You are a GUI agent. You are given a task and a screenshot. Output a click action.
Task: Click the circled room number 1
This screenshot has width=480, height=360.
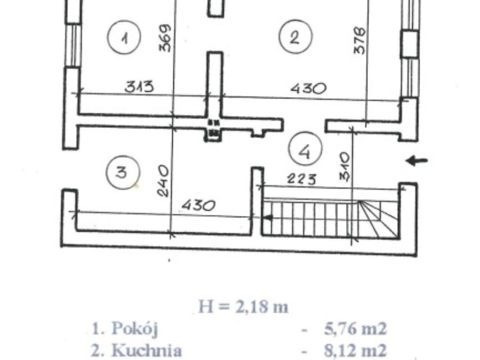(x=124, y=37)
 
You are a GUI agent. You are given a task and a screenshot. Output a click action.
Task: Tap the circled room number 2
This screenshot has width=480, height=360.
(x=295, y=37)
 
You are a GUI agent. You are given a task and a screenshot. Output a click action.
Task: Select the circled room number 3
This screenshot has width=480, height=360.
(x=122, y=172)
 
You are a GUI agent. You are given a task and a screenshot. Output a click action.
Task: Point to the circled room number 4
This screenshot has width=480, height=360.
(x=305, y=149)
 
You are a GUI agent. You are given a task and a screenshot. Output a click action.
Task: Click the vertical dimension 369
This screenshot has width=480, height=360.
(x=164, y=38)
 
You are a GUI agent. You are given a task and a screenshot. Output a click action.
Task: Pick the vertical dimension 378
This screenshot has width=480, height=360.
(x=359, y=41)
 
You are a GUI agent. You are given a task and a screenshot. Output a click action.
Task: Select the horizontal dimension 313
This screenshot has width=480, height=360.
(x=139, y=86)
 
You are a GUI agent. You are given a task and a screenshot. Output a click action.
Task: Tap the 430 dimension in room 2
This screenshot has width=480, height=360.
(x=308, y=88)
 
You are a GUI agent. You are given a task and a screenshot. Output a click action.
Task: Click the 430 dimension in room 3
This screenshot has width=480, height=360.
(x=199, y=205)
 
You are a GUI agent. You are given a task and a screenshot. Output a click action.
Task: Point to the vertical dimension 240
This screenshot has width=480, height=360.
(x=163, y=181)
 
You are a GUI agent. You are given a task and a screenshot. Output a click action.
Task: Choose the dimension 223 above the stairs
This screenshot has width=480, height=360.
(x=302, y=179)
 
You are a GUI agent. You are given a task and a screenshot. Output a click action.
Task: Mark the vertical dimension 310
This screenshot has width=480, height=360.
(x=344, y=167)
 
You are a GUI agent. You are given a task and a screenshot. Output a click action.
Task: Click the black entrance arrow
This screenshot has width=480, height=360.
(x=416, y=160)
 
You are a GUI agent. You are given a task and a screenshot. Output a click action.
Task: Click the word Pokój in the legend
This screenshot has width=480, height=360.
(x=134, y=328)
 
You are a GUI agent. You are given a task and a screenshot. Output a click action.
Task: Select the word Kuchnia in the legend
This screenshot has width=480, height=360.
(x=146, y=350)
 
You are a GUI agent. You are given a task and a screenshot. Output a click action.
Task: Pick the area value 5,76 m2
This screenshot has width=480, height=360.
(x=355, y=329)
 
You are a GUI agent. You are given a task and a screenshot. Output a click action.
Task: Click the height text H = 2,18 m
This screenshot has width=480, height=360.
(x=244, y=307)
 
